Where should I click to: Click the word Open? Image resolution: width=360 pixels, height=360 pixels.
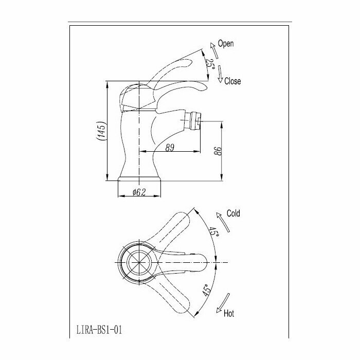click(226, 44)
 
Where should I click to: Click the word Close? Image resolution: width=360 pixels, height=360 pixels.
click(232, 81)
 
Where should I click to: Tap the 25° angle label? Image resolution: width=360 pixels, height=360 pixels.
click(210, 64)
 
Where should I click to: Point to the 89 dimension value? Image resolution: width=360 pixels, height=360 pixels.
click(170, 148)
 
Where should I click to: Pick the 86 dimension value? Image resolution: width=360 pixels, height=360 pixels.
click(218, 151)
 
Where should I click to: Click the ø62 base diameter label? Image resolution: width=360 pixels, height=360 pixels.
click(139, 192)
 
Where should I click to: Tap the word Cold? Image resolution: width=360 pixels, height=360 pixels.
click(232, 213)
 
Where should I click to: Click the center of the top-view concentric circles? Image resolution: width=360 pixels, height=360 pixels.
click(137, 260)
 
